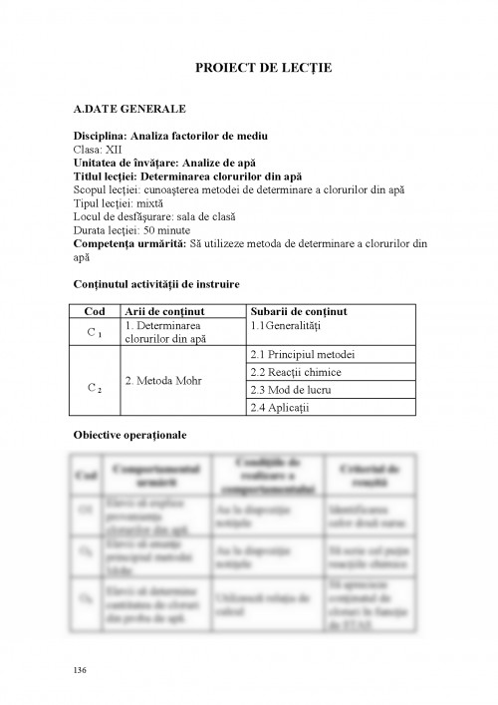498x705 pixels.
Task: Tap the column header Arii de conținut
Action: pos(163,310)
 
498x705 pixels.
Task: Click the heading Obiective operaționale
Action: pos(130,435)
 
